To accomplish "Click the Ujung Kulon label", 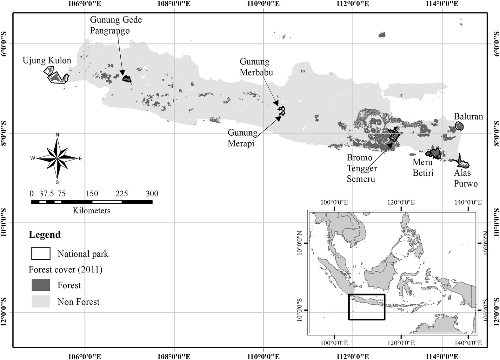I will pos(47,60).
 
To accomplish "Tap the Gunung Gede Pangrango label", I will pos(116,25).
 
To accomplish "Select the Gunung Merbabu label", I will pos(256,67).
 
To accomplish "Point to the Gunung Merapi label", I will pos(242,138).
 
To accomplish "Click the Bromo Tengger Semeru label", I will pos(362,168).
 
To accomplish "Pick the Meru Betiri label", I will pos(423,167).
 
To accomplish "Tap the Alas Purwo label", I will pos(465,178).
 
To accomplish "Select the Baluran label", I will pos(468,116).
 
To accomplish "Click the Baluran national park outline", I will pos(459,126).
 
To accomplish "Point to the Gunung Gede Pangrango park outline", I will pos(127,78).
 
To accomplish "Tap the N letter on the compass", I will pos(57,135).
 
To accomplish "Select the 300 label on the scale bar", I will pos(152,194).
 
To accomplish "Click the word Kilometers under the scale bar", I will pos(91,210).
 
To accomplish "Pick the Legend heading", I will pos(44,235).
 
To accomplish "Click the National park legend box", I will pos(41,254).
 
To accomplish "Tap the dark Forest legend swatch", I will pos(41,285).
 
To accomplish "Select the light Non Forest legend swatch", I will pos(41,302).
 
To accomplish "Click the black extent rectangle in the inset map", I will pos(367,307).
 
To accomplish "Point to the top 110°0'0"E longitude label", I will pos(263,4).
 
